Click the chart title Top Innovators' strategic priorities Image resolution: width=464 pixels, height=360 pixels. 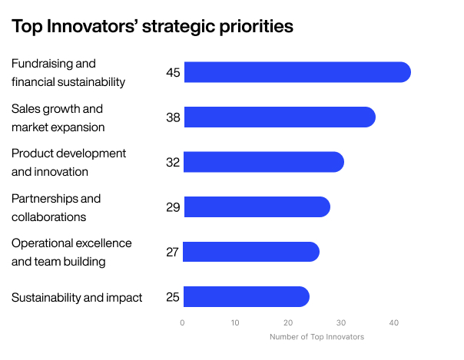152,26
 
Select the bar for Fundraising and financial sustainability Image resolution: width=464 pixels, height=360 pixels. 297,72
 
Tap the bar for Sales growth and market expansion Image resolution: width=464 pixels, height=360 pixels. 280,117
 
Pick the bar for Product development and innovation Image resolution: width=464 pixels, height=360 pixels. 263,162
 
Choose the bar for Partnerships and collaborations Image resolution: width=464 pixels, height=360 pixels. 257,207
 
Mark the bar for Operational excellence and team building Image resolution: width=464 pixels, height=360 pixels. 251,252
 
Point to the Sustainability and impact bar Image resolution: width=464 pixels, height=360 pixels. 247,297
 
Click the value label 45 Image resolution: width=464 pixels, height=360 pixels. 173,73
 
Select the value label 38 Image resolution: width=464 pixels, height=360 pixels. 173,117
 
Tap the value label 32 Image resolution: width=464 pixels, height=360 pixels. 173,163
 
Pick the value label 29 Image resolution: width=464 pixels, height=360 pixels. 173,207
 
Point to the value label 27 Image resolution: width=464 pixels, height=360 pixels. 173,253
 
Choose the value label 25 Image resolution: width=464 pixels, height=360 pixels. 173,297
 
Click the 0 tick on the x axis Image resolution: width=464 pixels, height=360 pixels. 182,322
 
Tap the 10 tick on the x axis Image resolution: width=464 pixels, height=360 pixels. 235,322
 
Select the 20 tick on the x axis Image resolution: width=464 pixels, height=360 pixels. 288,322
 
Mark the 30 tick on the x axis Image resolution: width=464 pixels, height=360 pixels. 341,322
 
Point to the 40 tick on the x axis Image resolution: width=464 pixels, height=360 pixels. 394,322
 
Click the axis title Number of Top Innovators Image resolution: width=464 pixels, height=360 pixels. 317,337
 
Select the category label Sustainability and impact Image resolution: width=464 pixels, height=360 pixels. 77,297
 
